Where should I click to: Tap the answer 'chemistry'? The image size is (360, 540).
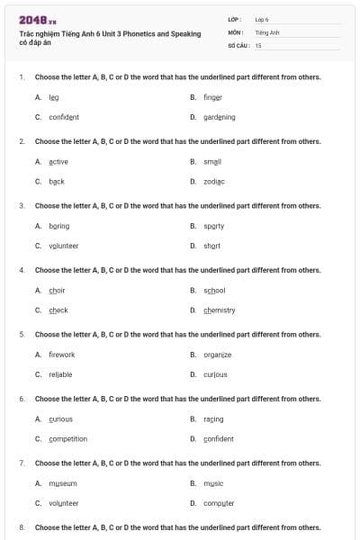tap(219, 310)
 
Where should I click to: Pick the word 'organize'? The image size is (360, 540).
tap(217, 355)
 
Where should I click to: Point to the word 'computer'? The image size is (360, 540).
tap(219, 503)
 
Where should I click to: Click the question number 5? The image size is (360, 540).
tap(21, 334)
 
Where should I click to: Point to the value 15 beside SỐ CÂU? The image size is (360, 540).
tap(258, 45)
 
